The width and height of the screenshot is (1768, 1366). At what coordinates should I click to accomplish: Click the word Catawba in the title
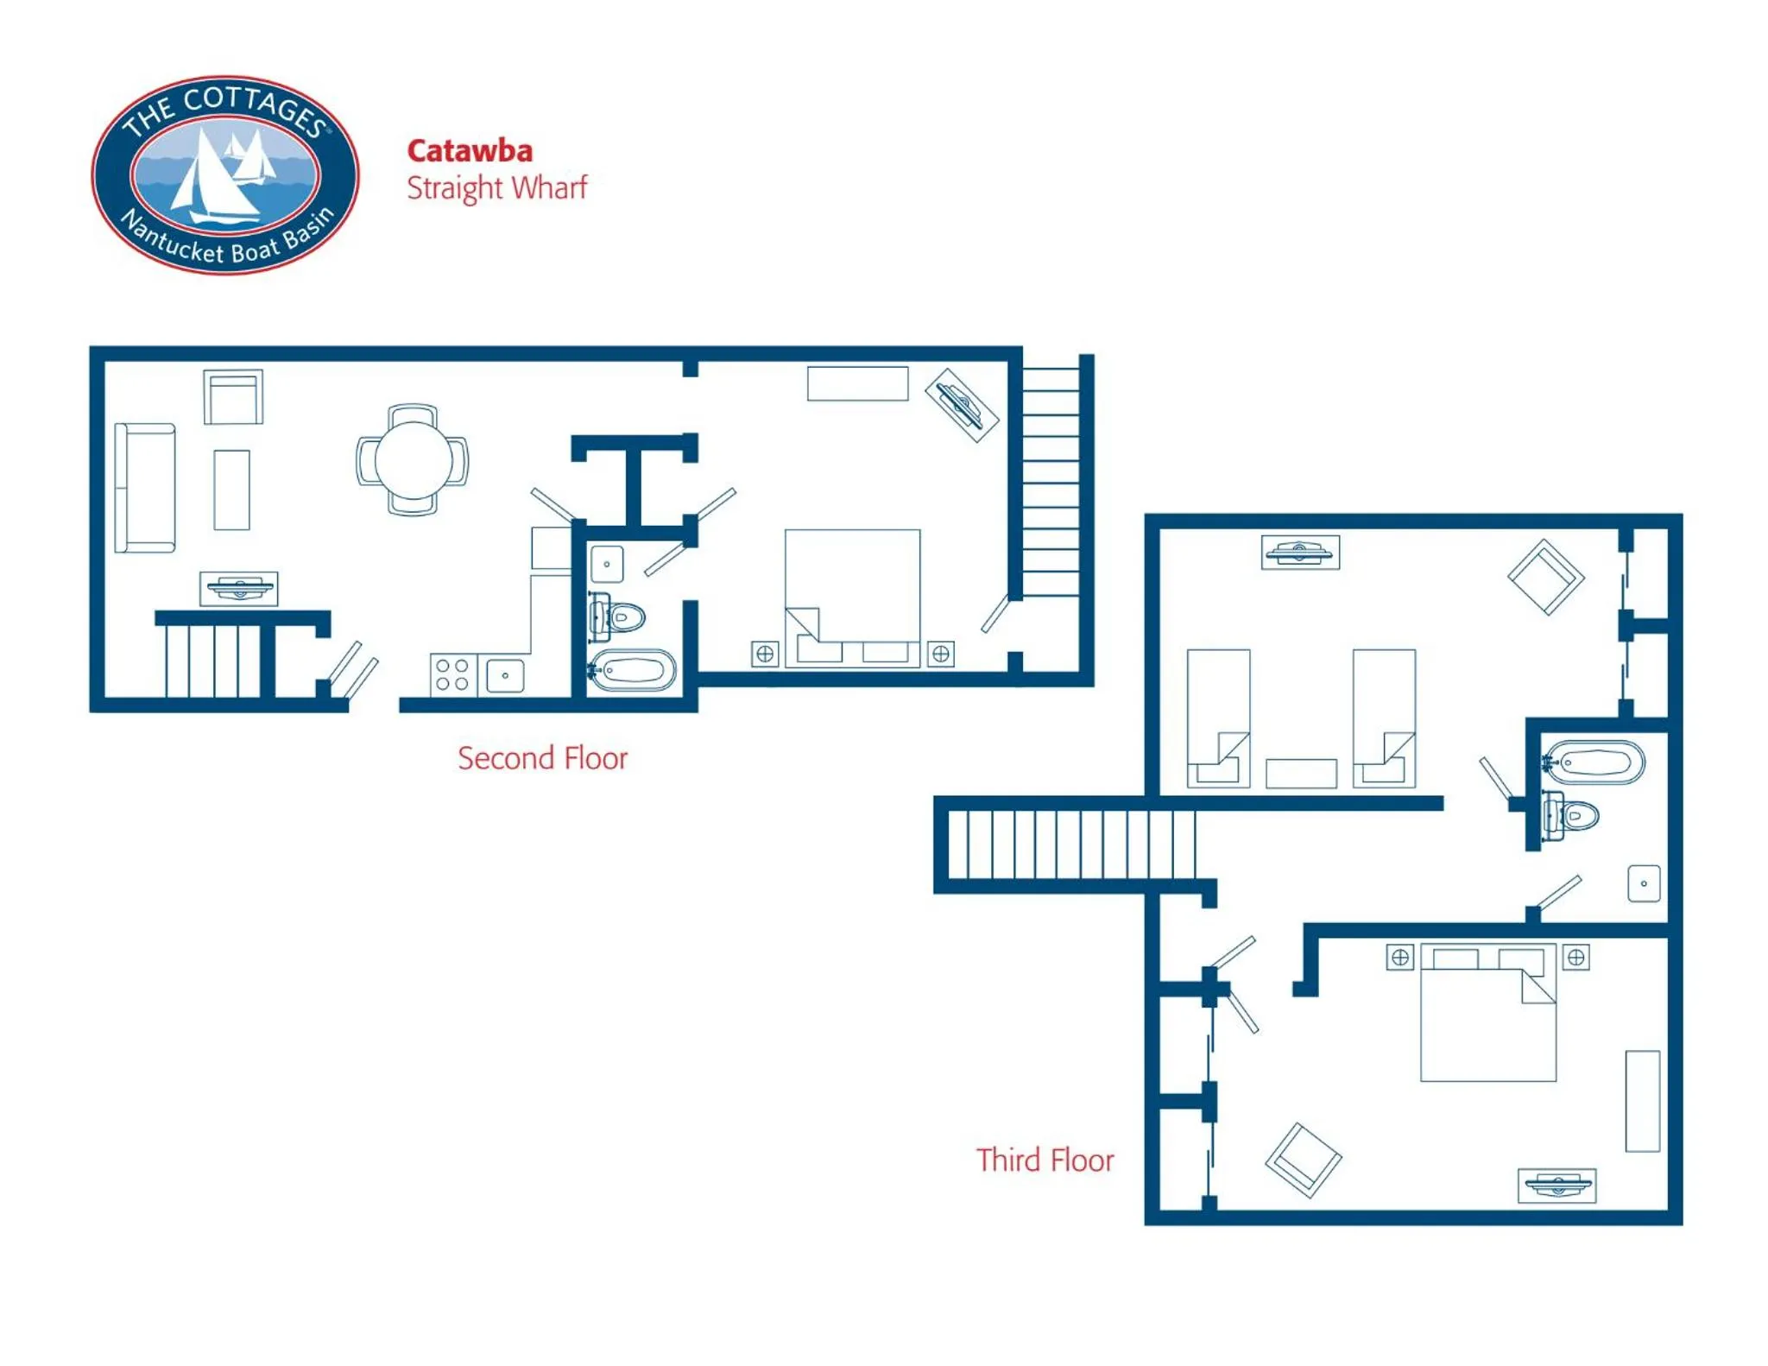470,151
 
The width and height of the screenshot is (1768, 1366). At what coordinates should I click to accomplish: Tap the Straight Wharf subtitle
496,187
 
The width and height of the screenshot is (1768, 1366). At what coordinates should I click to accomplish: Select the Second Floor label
542,758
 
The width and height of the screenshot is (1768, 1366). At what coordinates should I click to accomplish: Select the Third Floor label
1045,1160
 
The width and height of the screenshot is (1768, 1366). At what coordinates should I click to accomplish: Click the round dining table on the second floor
413,459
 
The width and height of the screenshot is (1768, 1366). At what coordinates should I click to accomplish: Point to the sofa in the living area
145,488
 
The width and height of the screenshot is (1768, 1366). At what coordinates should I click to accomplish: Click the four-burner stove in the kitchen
452,674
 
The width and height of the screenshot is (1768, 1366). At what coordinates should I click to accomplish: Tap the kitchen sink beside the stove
505,675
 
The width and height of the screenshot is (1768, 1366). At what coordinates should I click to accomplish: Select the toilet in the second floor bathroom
620,617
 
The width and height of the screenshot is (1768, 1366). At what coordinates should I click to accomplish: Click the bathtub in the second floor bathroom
634,669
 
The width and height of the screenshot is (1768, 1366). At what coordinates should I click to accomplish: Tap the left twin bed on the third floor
1218,718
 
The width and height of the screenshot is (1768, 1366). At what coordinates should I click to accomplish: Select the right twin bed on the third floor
1384,718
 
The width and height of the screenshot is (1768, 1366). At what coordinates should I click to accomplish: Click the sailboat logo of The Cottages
225,175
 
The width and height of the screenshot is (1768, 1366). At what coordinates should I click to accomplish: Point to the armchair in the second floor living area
233,397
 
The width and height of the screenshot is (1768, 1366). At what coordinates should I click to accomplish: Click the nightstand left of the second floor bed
765,654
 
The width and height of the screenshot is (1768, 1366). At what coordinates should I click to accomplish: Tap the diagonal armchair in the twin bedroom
1545,577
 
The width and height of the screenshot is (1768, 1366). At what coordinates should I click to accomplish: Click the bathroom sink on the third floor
1644,883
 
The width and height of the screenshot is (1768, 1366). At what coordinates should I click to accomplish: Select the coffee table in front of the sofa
231,489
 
